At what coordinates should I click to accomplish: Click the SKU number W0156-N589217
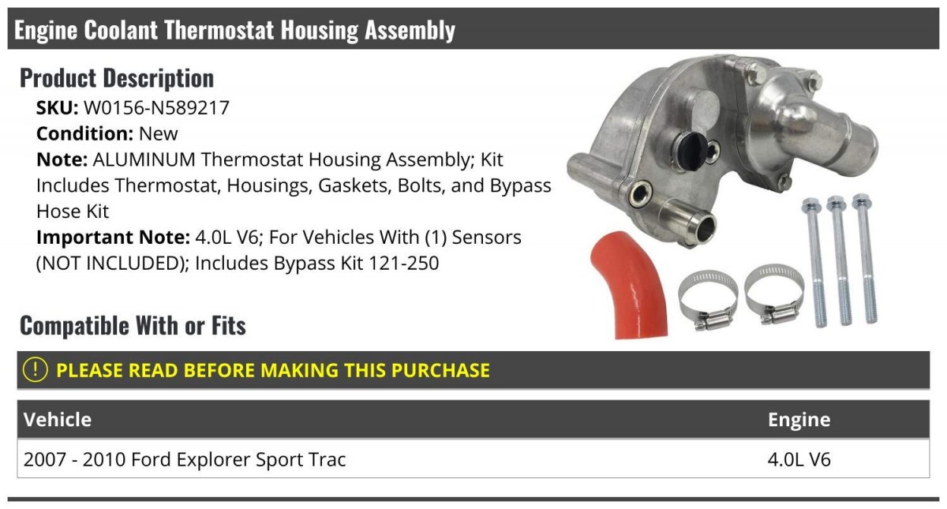click(x=156, y=108)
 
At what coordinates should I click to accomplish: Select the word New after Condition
click(x=158, y=133)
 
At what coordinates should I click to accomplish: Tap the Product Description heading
click(x=117, y=78)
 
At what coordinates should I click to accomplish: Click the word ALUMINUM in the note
click(x=144, y=159)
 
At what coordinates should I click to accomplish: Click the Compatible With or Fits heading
click(x=133, y=325)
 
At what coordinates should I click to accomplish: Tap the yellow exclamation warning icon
click(x=35, y=370)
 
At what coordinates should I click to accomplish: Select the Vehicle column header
click(x=58, y=420)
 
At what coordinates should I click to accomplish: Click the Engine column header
click(x=799, y=420)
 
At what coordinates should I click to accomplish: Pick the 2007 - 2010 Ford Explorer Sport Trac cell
click(x=185, y=459)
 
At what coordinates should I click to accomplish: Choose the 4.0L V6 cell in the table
click(x=799, y=459)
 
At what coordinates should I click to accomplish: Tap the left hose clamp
click(x=708, y=300)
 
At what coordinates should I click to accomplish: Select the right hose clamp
click(x=774, y=295)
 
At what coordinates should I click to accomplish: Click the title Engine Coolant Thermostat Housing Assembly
click(x=234, y=31)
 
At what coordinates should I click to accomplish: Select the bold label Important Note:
click(x=114, y=238)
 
